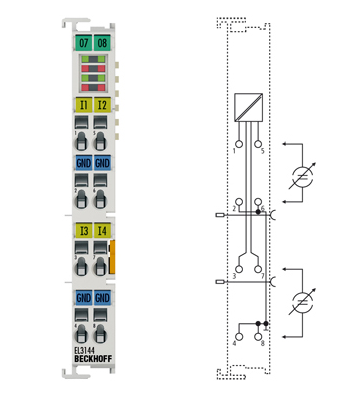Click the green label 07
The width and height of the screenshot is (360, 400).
(82, 43)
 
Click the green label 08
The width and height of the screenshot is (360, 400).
(102, 43)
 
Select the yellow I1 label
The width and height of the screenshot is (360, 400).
(82, 104)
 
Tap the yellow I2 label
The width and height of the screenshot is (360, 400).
(102, 104)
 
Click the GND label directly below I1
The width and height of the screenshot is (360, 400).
(82, 163)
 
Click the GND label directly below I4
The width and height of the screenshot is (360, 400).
(102, 298)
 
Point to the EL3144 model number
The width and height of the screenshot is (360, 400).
(85, 350)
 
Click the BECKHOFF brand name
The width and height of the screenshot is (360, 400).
(92, 361)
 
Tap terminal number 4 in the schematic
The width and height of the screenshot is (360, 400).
(235, 344)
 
